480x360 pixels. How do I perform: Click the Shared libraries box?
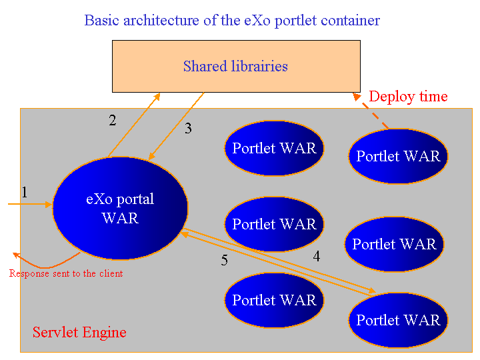coord(236,66)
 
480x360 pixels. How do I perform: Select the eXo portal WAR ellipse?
coord(120,208)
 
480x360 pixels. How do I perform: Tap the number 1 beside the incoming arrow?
coord(25,193)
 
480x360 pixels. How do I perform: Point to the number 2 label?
coord(113,121)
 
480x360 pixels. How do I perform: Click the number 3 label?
coord(188,129)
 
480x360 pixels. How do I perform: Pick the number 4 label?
coord(316,255)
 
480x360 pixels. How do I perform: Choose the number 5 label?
coord(224,260)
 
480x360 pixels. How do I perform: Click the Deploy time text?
coord(408,97)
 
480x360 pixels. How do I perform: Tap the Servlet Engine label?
coord(79,332)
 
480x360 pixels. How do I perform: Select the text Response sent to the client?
coord(66,273)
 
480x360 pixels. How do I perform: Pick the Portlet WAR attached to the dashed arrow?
coord(398,156)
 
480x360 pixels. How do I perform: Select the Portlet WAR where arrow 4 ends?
coord(398,320)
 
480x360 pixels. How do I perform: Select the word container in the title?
coord(352,20)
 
